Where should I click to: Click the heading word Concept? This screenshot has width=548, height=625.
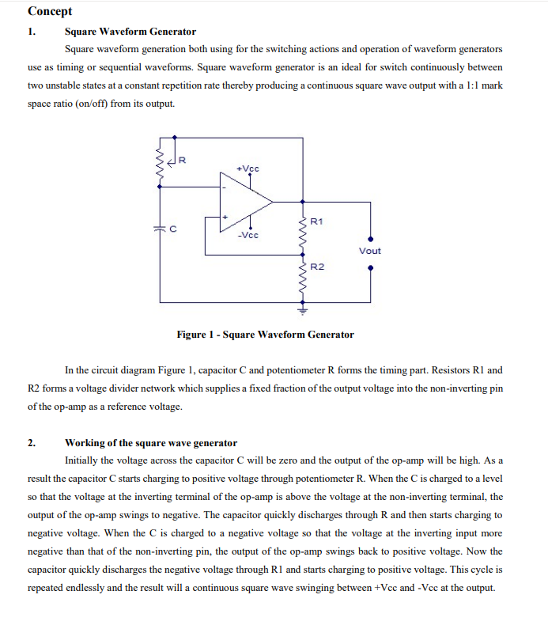click(50, 11)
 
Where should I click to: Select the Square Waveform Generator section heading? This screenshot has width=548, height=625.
click(130, 32)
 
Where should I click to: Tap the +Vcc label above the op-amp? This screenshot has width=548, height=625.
click(248, 169)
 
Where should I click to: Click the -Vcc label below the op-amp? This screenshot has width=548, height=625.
click(248, 235)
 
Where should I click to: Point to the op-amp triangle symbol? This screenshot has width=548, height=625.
click(245, 202)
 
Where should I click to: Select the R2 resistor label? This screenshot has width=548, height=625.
click(317, 267)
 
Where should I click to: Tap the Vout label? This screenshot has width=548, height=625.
click(369, 251)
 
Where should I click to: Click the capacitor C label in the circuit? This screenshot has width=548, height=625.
click(173, 229)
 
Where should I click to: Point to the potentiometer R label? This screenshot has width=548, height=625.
click(182, 161)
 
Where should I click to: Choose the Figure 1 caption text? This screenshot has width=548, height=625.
click(265, 335)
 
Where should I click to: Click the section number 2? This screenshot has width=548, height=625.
click(32, 442)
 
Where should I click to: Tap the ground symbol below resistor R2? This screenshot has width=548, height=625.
click(301, 309)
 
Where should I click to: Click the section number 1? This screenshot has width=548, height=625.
click(32, 32)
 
